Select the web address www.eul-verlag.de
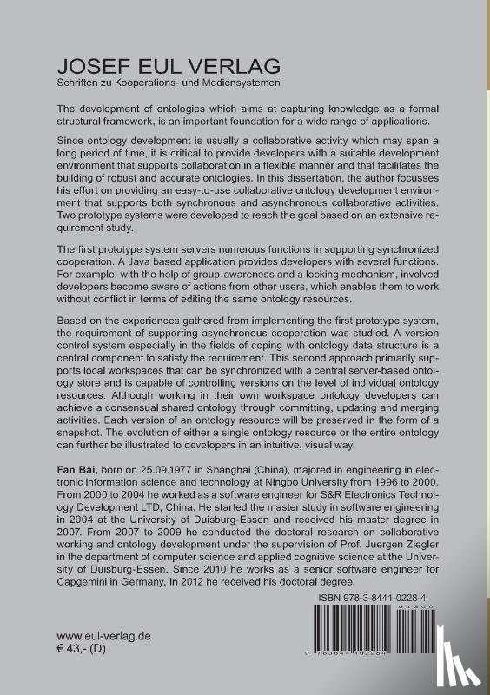tap(103, 636)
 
